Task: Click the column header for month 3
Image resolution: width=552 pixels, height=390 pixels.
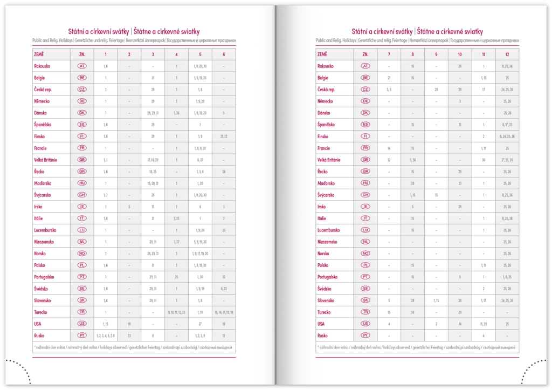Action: (153, 54)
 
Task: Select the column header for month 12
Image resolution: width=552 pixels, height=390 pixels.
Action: (507, 54)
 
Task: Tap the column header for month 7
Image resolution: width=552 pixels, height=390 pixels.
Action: (389, 54)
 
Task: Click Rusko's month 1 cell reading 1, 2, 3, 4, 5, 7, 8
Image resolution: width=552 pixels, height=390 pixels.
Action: (106, 336)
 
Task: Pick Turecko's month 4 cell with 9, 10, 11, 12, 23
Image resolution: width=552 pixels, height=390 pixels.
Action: (176, 312)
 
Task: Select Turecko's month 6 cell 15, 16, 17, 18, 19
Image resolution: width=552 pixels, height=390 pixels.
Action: (224, 312)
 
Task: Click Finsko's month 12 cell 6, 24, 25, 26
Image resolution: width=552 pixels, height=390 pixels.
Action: (507, 136)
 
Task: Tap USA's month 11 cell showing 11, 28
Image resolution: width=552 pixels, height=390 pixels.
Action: (484, 324)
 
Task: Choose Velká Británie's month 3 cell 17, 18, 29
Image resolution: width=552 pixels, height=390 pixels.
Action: (153, 160)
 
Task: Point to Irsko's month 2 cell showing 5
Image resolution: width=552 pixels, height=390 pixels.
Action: (129, 207)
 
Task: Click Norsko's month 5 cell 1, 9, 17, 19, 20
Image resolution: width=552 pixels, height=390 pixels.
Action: (200, 254)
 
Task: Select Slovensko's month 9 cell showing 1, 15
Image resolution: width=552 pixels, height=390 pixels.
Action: (436, 300)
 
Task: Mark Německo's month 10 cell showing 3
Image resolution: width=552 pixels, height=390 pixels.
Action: (460, 101)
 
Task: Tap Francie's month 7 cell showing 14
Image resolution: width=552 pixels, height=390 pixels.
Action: (389, 148)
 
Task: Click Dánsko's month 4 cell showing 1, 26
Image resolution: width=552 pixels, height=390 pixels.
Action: (176, 113)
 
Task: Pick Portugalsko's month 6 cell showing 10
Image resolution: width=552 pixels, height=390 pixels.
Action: (224, 277)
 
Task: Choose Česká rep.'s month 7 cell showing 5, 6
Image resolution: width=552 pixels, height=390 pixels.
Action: (389, 90)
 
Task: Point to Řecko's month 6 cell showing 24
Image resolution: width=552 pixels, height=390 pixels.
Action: (224, 172)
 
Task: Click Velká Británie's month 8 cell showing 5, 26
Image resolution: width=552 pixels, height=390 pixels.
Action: (412, 160)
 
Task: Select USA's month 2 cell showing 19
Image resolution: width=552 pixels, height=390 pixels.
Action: (129, 324)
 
